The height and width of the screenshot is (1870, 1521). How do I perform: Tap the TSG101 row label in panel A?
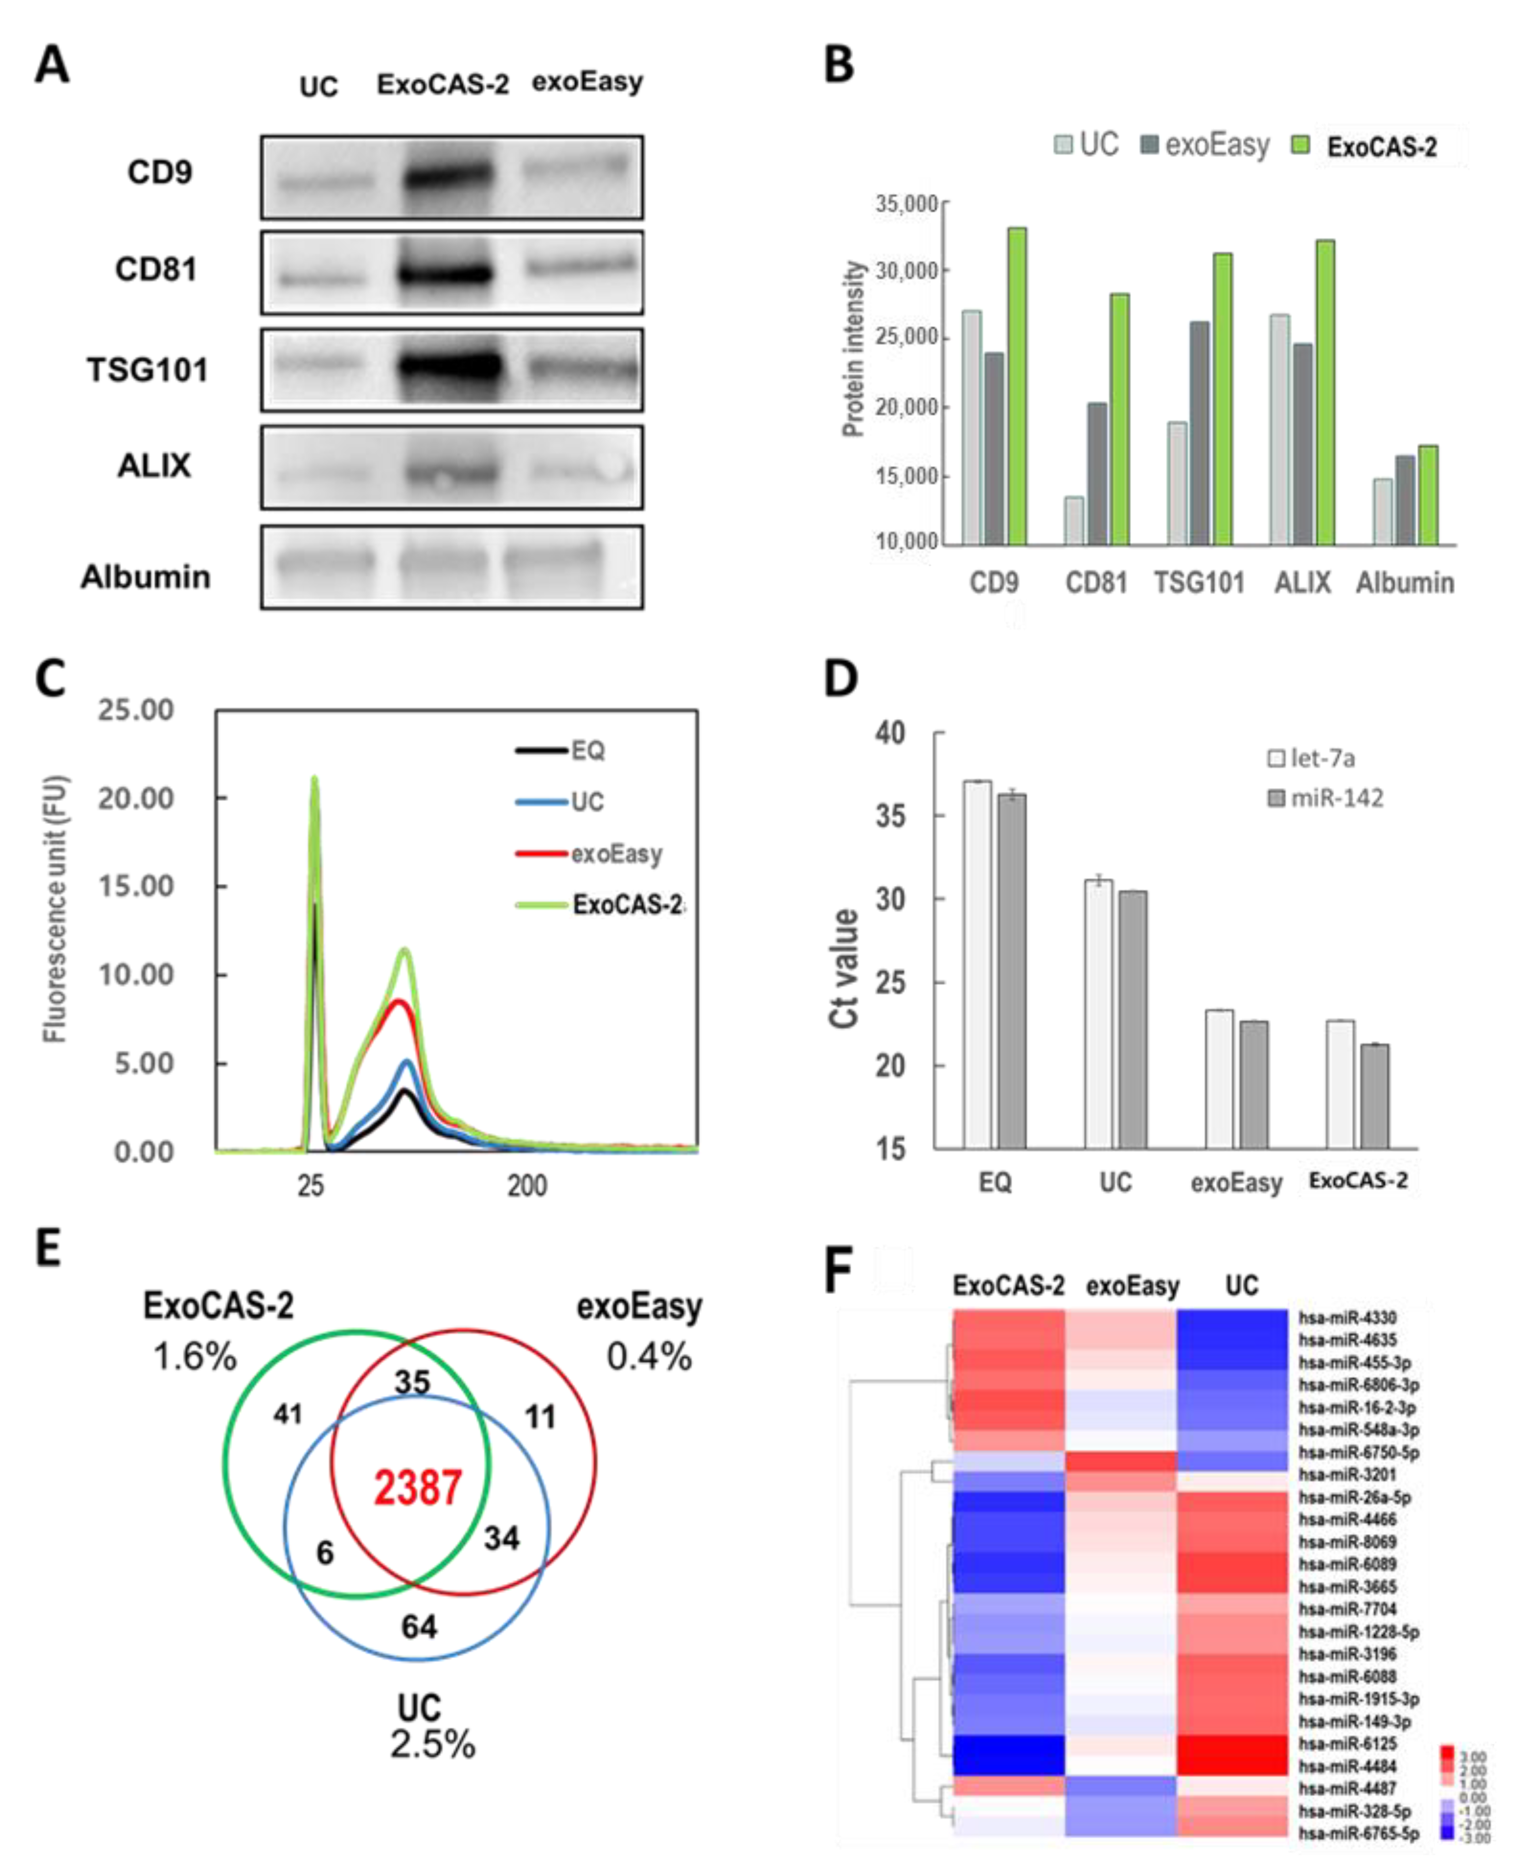[147, 370]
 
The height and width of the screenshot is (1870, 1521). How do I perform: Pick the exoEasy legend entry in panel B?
[1206, 145]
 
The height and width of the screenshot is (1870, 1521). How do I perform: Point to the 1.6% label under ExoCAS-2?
[194, 1357]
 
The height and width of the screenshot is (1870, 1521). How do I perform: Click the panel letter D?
[841, 679]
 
